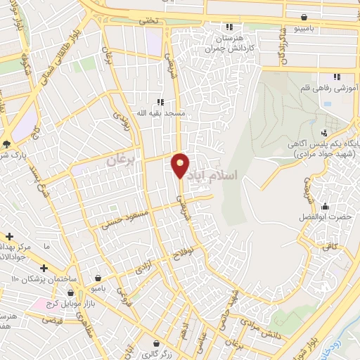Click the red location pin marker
coord(180,165)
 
